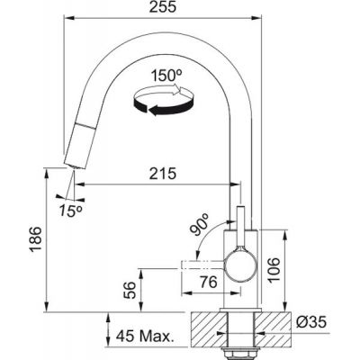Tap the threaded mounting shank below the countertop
[241, 337]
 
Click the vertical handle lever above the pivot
[242, 225]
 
